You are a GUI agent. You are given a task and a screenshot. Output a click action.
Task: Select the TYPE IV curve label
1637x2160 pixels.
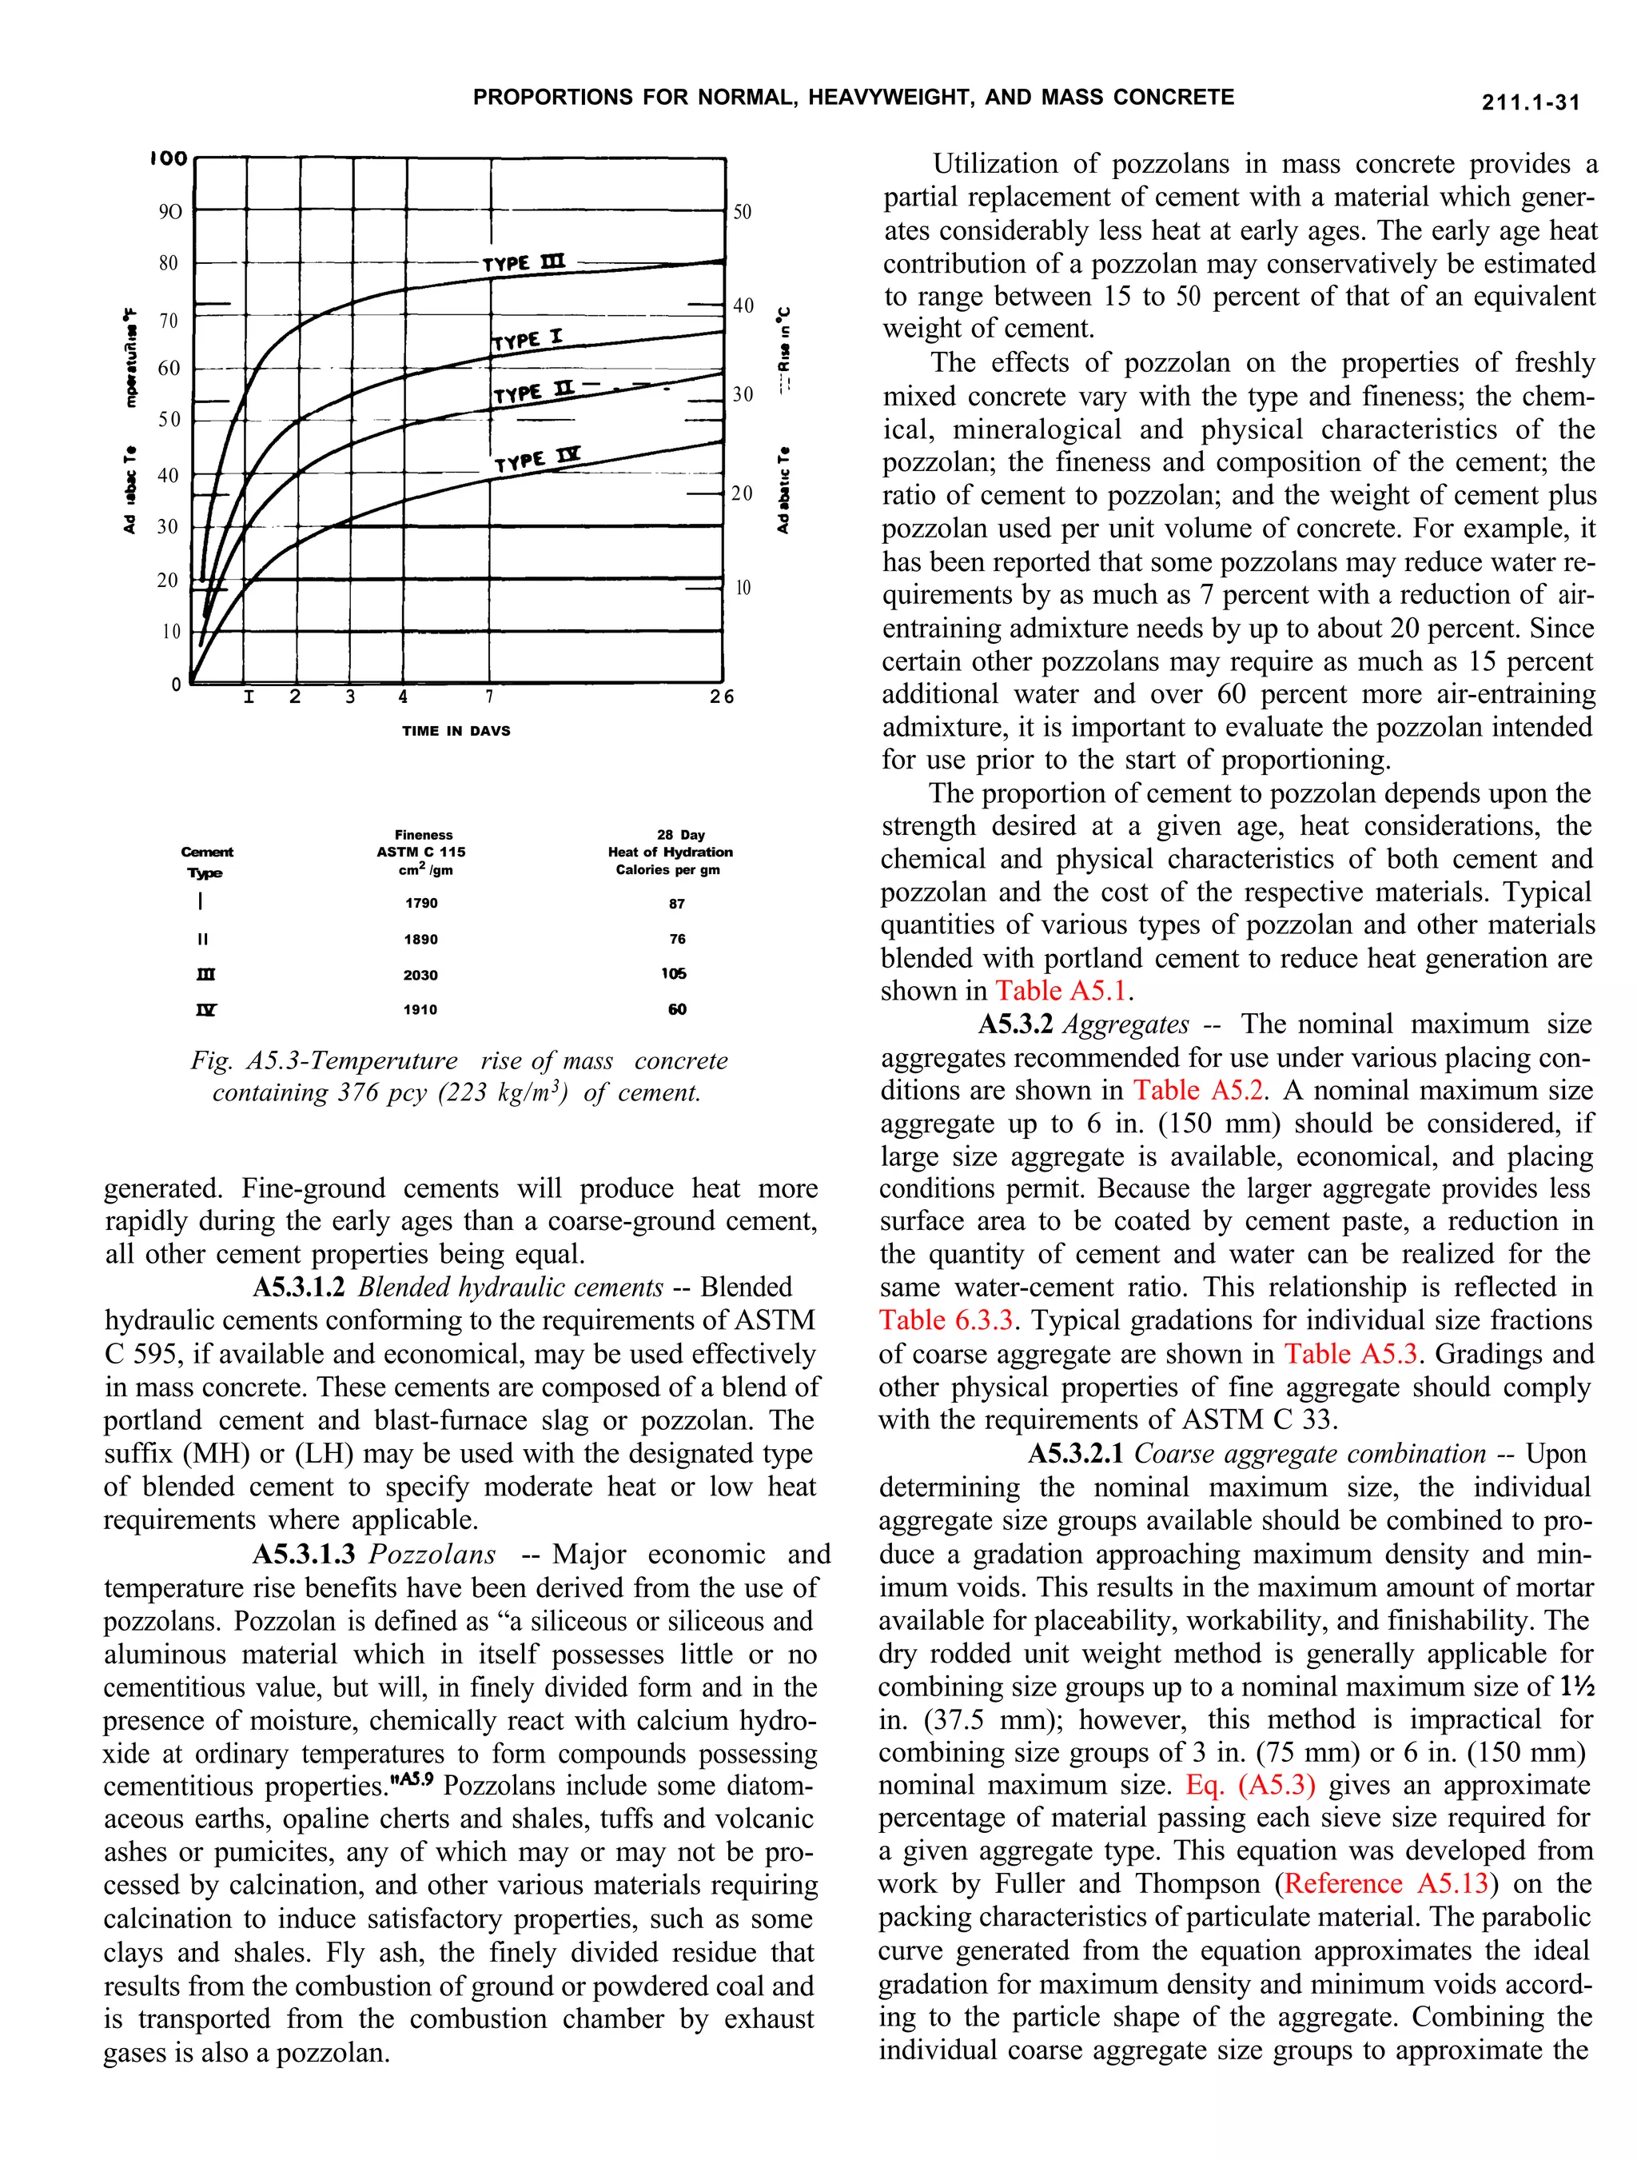[x=537, y=459]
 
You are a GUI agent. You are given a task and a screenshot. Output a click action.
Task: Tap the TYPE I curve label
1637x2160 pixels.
[x=527, y=339]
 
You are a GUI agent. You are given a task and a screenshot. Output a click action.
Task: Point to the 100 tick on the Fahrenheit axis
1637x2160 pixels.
[x=169, y=158]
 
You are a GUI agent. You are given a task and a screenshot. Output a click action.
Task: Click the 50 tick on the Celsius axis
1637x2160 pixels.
[x=743, y=212]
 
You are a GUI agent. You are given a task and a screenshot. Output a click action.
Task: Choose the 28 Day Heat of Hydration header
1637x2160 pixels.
[x=670, y=852]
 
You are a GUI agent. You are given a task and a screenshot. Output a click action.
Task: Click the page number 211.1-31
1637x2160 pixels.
[x=1530, y=102]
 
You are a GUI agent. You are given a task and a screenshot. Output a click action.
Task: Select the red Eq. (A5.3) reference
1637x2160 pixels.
[x=1250, y=1785]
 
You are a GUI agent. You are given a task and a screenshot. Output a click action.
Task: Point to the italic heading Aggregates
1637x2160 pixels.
[x=1125, y=1024]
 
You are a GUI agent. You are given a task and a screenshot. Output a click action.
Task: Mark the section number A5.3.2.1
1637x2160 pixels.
[x=1077, y=1454]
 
